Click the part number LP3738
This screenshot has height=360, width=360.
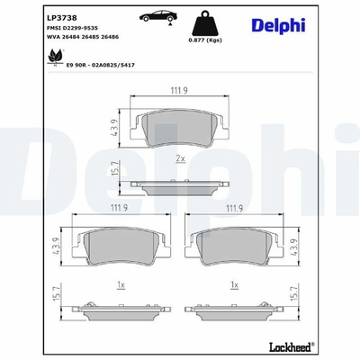(x=62, y=18)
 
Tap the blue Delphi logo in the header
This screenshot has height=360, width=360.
(x=278, y=26)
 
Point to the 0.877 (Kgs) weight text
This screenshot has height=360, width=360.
(x=205, y=40)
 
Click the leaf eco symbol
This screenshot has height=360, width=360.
(x=55, y=58)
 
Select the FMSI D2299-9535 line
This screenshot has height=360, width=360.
(x=72, y=28)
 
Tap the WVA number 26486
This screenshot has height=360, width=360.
(x=109, y=37)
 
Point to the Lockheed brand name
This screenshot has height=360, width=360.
(x=292, y=347)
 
